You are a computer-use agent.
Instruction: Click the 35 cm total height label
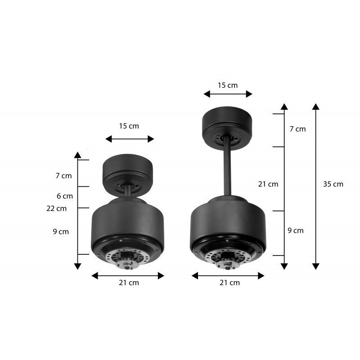333,184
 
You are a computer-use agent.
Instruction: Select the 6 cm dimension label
64,196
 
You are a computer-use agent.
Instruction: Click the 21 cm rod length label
268,184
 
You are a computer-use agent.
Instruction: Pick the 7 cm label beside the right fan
297,129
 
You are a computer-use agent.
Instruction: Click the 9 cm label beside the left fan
61,232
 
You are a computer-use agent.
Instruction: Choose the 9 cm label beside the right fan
296,230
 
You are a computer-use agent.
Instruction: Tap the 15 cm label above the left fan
129,126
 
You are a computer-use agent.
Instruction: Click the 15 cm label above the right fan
228,85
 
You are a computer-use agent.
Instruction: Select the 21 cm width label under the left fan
129,283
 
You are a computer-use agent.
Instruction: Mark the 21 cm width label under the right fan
229,283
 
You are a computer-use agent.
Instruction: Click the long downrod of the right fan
228,171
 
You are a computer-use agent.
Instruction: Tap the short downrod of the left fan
129,191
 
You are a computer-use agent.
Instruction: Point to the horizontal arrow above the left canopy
130,139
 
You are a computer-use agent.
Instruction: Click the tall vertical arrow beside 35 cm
316,187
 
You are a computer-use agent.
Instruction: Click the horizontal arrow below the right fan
228,275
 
